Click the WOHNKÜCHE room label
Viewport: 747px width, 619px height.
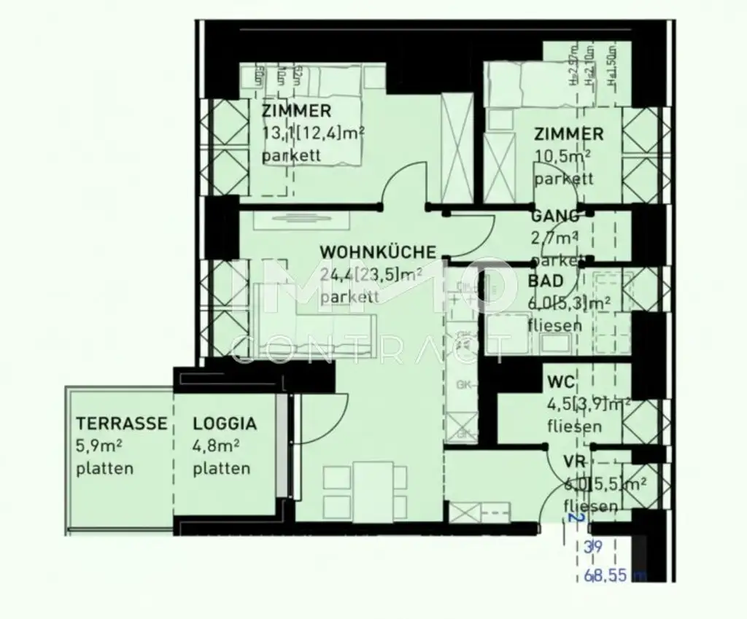click(378, 252)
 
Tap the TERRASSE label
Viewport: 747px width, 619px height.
click(122, 424)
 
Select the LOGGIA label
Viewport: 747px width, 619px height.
click(225, 424)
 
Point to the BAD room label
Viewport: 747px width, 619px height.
click(545, 281)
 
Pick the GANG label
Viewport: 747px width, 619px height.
click(555, 216)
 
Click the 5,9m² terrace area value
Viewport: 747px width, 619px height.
click(99, 446)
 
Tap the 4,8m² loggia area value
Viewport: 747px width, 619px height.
click(217, 446)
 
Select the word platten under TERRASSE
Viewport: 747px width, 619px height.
click(104, 469)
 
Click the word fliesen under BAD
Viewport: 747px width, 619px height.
click(554, 325)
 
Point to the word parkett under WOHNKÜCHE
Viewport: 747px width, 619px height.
click(349, 297)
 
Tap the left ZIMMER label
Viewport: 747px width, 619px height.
click(296, 112)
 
